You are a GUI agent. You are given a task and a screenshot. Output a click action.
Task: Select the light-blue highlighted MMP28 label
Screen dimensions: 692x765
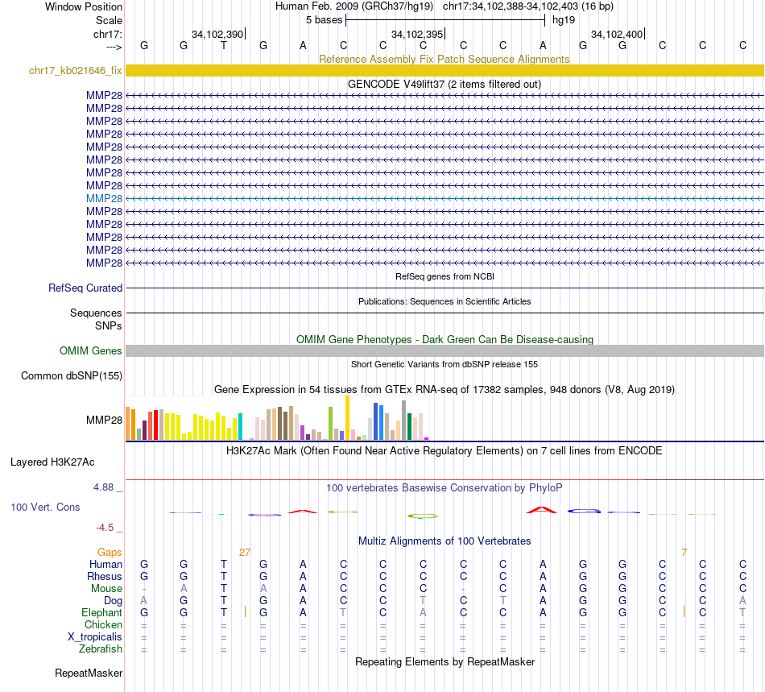coord(105,198)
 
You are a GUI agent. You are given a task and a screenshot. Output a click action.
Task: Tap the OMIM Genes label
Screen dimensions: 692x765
coord(91,350)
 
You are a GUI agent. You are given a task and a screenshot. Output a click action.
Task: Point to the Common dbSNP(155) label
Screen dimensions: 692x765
coord(72,375)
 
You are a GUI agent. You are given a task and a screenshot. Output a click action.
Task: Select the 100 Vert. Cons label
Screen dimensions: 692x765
coord(46,508)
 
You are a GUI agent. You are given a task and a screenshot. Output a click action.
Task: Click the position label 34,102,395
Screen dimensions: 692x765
coord(416,34)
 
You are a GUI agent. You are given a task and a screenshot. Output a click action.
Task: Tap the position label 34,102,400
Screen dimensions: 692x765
coord(616,34)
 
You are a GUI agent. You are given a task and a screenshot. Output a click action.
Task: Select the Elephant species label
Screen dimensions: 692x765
coord(102,612)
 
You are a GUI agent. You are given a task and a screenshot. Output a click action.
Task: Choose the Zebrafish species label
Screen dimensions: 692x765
coord(101,648)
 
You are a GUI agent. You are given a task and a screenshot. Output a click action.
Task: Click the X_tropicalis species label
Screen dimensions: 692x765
coord(95,636)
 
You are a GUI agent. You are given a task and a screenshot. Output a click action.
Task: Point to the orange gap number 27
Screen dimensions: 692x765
coord(245,552)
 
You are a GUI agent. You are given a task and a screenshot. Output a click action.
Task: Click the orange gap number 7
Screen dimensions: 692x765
coord(684,552)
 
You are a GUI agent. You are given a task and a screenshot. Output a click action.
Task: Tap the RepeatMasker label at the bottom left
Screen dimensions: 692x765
coord(89,673)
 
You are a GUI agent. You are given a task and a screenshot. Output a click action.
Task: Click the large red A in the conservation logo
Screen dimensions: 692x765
coord(542,509)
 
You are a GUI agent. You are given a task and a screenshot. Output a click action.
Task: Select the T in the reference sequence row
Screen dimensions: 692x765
coord(224,46)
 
